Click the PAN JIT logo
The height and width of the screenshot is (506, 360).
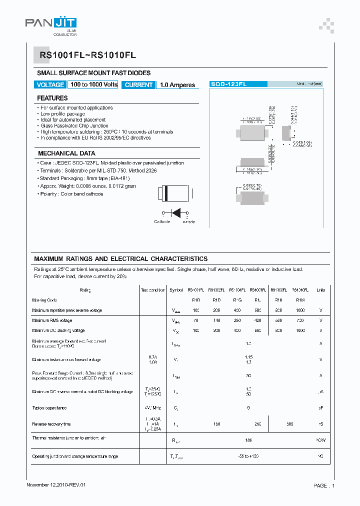pyautogui.click(x=50, y=23)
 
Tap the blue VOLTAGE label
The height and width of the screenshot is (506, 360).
pyautogui.click(x=50, y=85)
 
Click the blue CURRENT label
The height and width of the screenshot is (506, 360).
pyautogui.click(x=138, y=85)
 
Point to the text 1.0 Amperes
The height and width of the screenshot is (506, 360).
pyautogui.click(x=177, y=85)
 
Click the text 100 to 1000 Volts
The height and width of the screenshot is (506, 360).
pyautogui.click(x=93, y=85)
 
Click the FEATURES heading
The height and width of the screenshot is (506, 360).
pyautogui.click(x=52, y=98)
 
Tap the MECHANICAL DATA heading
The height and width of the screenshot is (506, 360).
pyautogui.click(x=66, y=153)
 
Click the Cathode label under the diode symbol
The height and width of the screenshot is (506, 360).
pyautogui.click(x=162, y=221)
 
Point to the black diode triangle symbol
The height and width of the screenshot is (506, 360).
pyautogui.click(x=175, y=212)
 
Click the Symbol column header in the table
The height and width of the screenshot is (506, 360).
pyautogui.click(x=176, y=290)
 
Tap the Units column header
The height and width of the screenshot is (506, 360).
pyautogui.click(x=320, y=290)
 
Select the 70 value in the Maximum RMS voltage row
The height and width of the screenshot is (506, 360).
pyautogui.click(x=196, y=320)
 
